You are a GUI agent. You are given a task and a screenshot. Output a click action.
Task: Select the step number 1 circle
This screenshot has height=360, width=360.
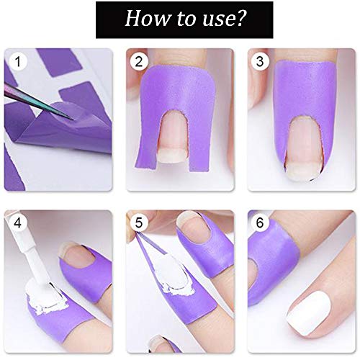[x=16, y=62]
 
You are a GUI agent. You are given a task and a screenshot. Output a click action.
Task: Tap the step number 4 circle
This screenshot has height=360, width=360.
[x=16, y=222]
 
